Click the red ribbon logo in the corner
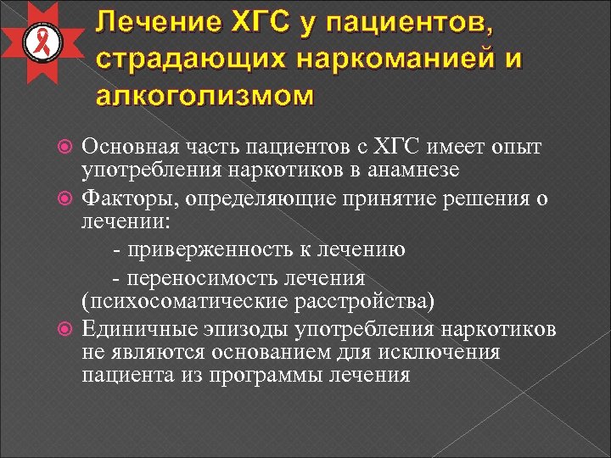39,42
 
